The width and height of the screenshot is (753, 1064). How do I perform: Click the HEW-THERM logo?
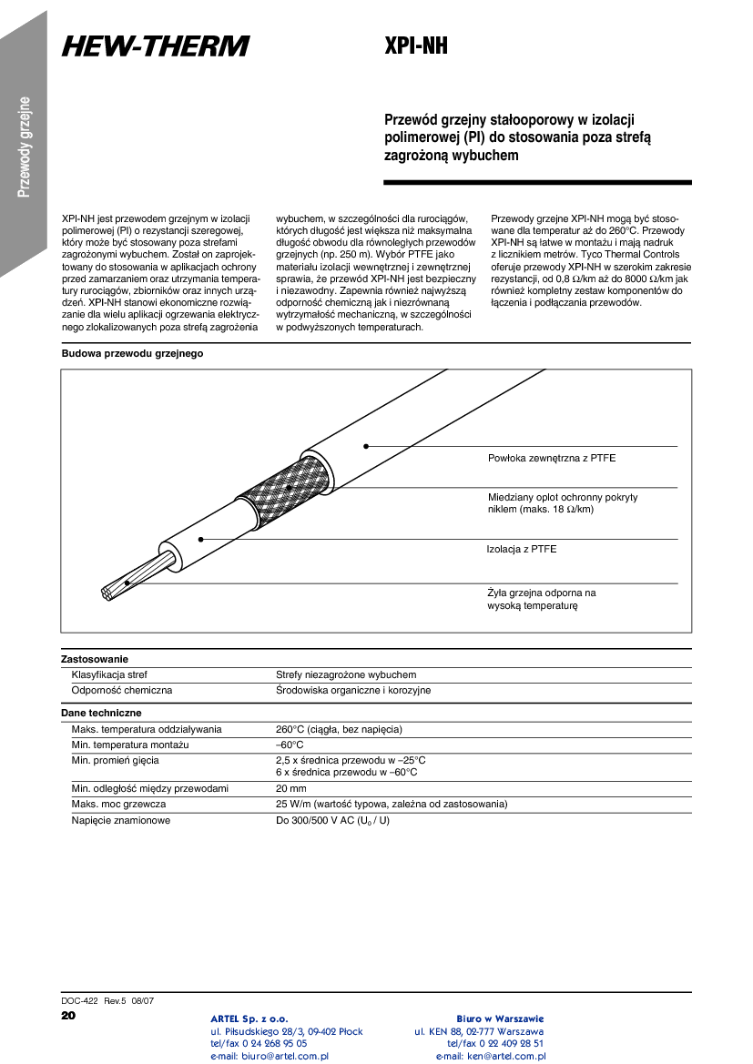tap(156, 46)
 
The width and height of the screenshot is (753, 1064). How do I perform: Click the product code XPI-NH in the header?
tap(416, 46)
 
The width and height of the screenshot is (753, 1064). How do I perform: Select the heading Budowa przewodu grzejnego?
tap(132, 353)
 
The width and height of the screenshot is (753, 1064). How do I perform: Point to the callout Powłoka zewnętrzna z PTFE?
tap(552, 458)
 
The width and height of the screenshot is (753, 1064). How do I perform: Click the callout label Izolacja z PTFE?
tap(522, 549)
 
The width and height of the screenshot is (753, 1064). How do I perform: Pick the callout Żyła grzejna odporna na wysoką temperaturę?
tap(542, 599)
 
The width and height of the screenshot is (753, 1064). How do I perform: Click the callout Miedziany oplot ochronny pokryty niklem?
tap(563, 503)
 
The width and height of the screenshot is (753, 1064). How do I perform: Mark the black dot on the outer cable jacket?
tap(366, 446)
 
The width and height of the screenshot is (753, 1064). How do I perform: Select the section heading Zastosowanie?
tap(95, 658)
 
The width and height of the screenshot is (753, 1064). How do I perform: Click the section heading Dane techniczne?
tap(101, 713)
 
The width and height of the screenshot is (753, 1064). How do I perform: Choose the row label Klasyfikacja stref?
tap(109, 675)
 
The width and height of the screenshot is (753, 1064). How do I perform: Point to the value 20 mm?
tap(291, 788)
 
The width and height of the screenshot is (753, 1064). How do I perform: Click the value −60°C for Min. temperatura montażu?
tap(290, 745)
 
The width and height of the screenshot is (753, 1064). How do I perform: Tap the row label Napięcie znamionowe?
tap(121, 820)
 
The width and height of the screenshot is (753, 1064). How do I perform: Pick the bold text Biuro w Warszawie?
tap(500, 1018)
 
